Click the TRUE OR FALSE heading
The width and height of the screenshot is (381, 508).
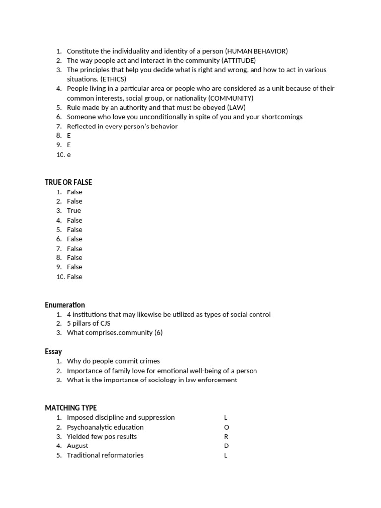click(68, 182)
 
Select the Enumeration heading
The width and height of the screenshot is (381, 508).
click(65, 305)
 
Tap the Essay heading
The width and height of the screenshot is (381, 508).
click(53, 351)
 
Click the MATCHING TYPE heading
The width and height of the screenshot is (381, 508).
click(71, 408)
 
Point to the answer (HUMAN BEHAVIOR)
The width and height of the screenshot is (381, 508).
click(256, 51)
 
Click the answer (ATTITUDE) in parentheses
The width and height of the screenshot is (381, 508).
click(239, 61)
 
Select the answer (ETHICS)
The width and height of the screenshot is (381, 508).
click(113, 79)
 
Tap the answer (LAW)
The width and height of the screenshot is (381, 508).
click(236, 107)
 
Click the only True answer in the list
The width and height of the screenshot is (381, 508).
click(74, 211)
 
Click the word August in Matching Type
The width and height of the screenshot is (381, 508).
click(78, 446)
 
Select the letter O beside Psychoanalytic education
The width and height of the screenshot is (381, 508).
click(227, 427)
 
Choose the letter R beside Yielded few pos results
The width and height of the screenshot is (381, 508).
click(226, 437)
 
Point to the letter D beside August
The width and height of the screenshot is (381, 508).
click(226, 446)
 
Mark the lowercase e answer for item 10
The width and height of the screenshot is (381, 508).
click(69, 155)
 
